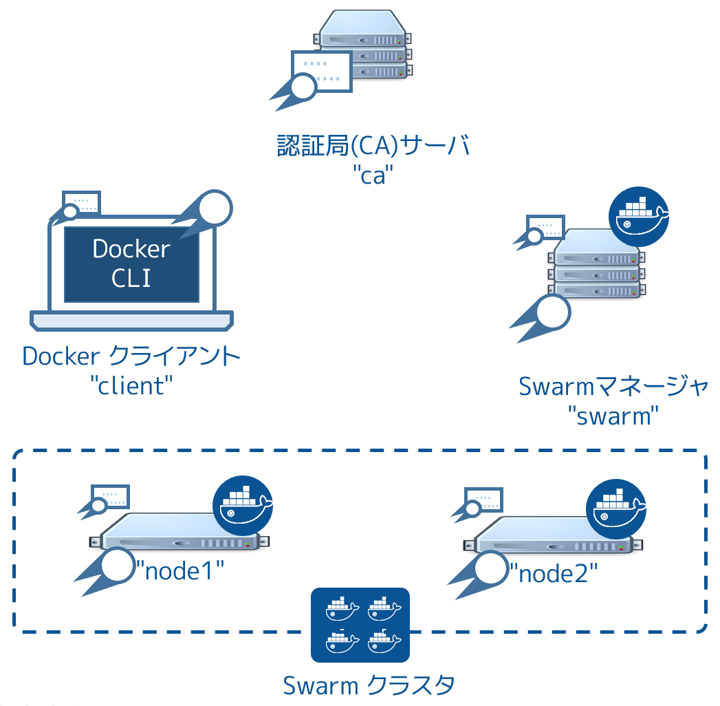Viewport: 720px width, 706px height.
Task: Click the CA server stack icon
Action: pyautogui.click(x=363, y=45)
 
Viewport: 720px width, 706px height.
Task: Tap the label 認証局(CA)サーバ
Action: pyautogui.click(x=373, y=146)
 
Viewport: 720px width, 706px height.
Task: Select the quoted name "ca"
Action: pyautogui.click(x=373, y=175)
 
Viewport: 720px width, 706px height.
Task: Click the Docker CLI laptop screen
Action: pyautogui.click(x=131, y=264)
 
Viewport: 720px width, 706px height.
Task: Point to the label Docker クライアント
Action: pyautogui.click(x=131, y=356)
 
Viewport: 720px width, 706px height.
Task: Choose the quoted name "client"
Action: pyautogui.click(x=131, y=385)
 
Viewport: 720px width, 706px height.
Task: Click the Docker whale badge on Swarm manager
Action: pyautogui.click(x=639, y=216)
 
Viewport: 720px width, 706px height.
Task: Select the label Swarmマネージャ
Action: pyautogui.click(x=613, y=386)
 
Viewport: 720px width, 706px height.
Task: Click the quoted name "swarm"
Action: pyautogui.click(x=613, y=416)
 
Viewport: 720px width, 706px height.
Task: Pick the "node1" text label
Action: pyautogui.click(x=180, y=571)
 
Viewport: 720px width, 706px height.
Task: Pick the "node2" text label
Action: pyautogui.click(x=554, y=574)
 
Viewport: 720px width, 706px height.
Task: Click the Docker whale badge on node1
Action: pyautogui.click(x=243, y=505)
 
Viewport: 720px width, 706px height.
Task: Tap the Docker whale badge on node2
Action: pyautogui.click(x=616, y=509)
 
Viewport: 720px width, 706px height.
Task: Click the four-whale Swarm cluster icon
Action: pyautogui.click(x=360, y=625)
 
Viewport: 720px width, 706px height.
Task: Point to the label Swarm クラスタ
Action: pyautogui.click(x=369, y=685)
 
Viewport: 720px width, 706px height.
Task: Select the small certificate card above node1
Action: pyautogui.click(x=110, y=497)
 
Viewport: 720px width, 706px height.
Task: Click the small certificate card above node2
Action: pyautogui.click(x=483, y=500)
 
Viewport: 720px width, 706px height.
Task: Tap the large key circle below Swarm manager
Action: pyautogui.click(x=554, y=312)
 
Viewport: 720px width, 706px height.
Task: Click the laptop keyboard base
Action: pyautogui.click(x=131, y=321)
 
